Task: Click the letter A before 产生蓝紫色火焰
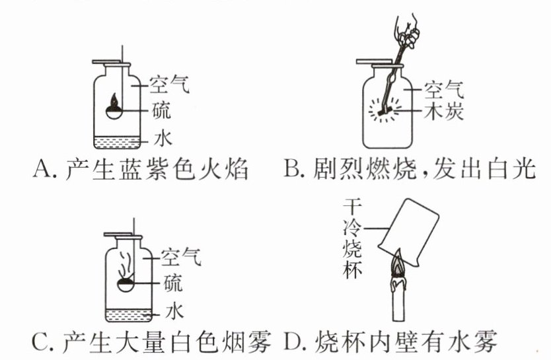pos(43,170)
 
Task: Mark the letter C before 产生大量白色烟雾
pos(41,342)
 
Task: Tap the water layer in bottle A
pos(116,141)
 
